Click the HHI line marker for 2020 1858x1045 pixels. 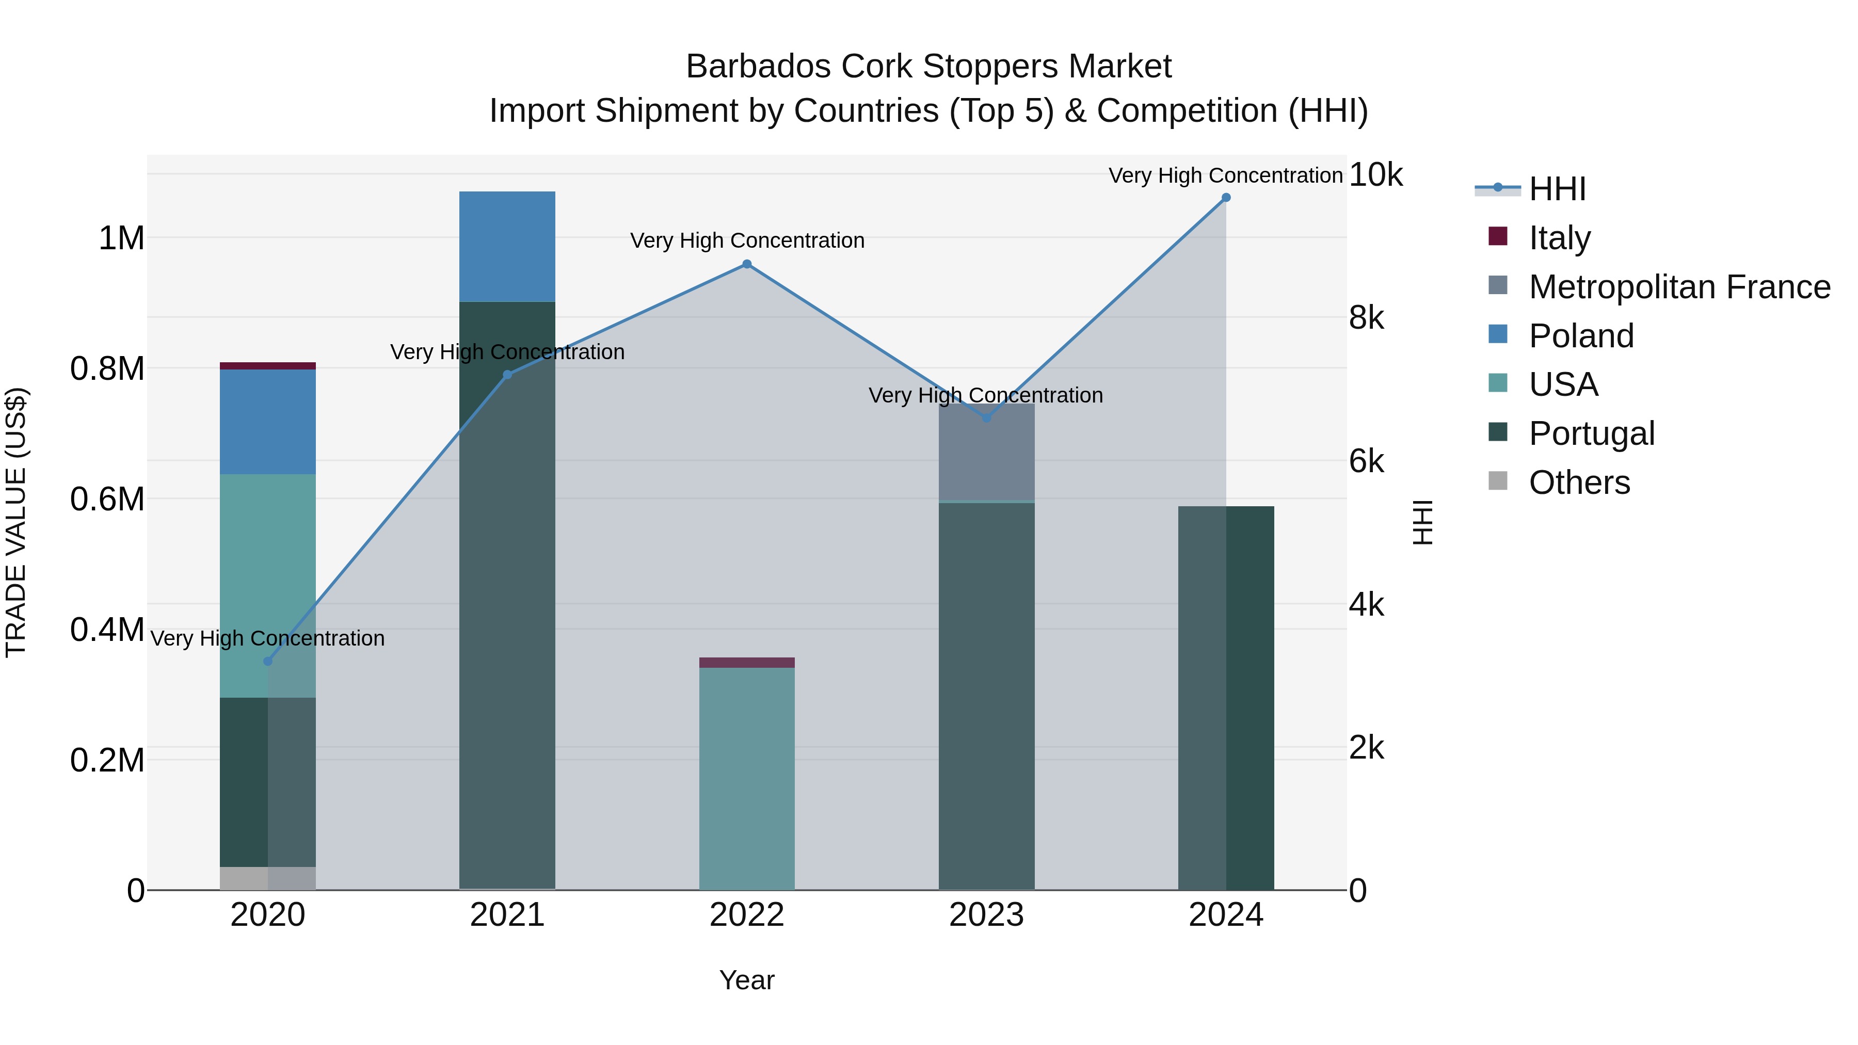(267, 662)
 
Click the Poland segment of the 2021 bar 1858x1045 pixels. (507, 246)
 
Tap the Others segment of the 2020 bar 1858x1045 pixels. (267, 878)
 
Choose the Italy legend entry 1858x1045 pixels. (1559, 238)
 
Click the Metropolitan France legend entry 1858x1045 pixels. (1679, 287)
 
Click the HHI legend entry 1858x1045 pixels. (1557, 189)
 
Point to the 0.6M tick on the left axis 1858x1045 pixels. (107, 499)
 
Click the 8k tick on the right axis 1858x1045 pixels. (1366, 317)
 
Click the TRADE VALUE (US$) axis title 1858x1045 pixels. (16, 522)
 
